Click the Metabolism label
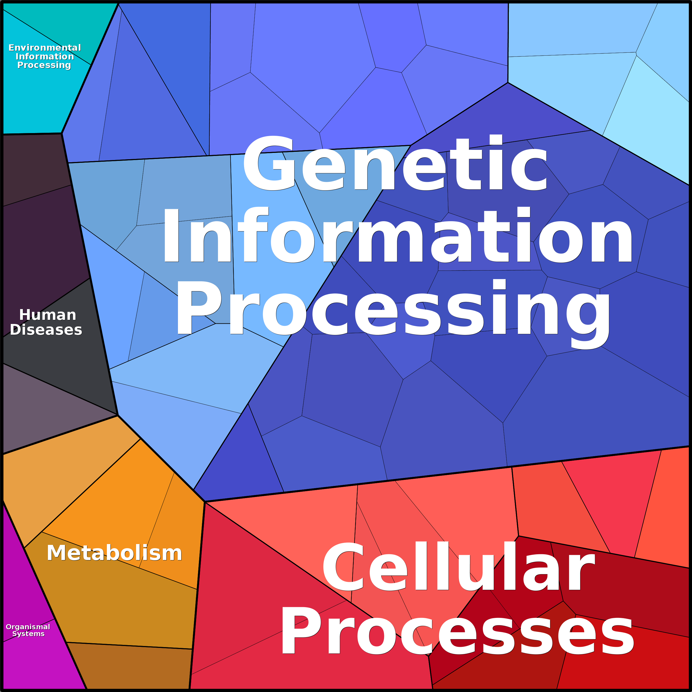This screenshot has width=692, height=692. (x=114, y=553)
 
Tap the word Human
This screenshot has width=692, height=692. (x=48, y=315)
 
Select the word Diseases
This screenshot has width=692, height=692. (x=46, y=329)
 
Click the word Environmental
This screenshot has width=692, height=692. (x=45, y=48)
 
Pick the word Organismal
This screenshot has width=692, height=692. (x=28, y=627)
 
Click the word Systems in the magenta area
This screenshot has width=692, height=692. (x=28, y=634)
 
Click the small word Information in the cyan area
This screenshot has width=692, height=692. (x=45, y=56)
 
